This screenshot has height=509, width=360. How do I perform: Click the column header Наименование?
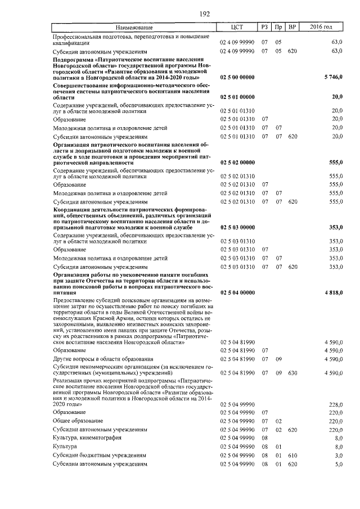tap(133, 27)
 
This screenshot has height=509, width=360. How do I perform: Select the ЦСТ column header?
tap(237, 27)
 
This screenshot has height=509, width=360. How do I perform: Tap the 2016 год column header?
tap(321, 27)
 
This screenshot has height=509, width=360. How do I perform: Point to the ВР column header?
tap(291, 27)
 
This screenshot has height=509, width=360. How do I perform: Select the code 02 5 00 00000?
tap(237, 76)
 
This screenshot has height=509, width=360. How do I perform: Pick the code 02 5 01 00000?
tap(237, 97)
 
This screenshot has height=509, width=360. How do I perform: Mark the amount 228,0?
tap(335, 404)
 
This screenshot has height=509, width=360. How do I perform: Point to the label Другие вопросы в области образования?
tap(103, 359)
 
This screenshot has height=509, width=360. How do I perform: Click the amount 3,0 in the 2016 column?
tap(338, 456)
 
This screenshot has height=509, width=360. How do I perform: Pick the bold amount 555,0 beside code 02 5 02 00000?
tap(335, 162)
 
